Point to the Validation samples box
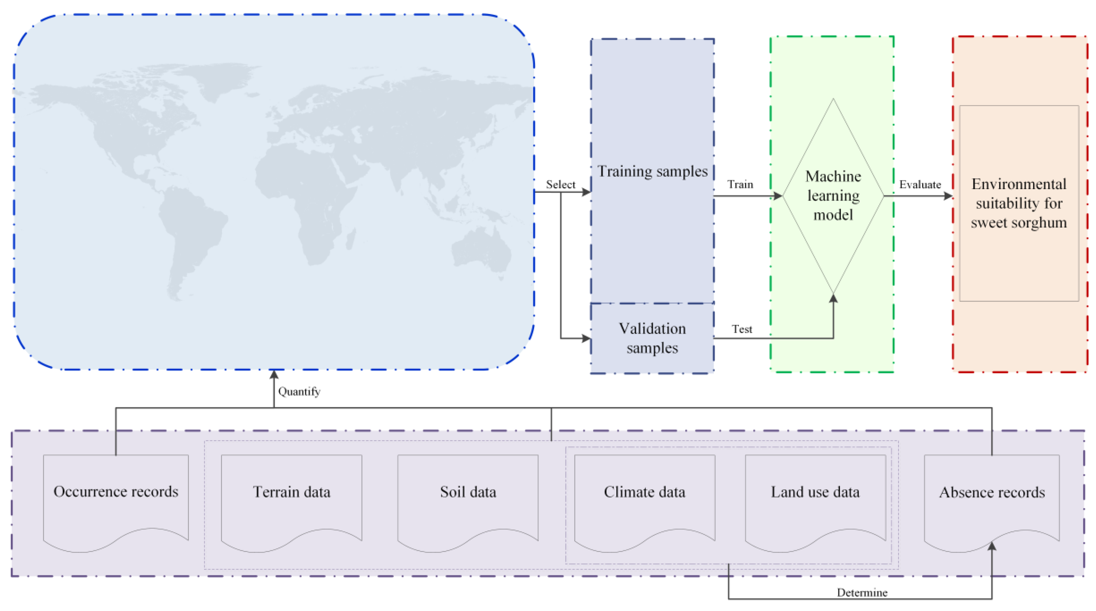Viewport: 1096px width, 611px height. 652,338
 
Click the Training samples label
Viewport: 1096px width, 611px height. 652,171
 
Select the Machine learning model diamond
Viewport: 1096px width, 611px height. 833,196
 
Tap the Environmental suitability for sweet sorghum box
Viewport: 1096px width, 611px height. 1019,203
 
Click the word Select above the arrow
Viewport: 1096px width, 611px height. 560,185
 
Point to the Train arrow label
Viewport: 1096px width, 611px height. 740,185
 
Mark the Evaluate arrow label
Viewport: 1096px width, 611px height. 920,185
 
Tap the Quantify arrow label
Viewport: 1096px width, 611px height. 299,391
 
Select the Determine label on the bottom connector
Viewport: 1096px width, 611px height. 862,593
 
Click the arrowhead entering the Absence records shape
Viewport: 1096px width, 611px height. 992,546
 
